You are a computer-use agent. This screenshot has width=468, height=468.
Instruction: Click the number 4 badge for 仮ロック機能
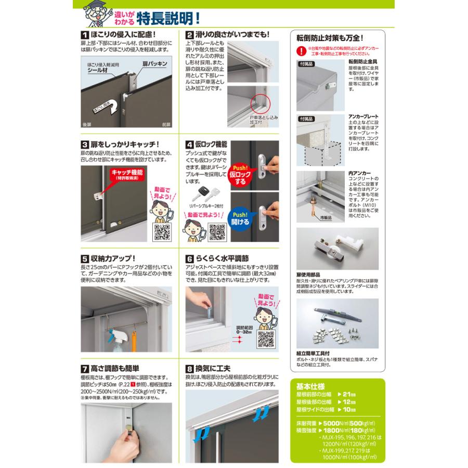pos(190,144)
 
